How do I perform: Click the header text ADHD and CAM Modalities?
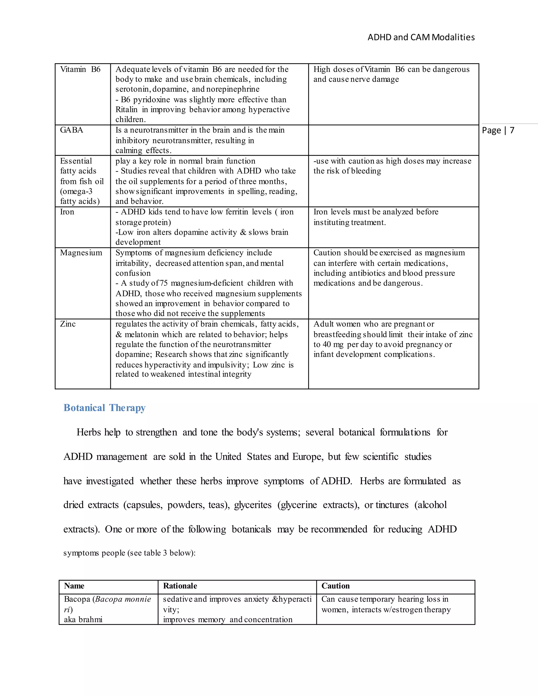(x=421, y=37)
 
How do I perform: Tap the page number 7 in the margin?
(x=512, y=130)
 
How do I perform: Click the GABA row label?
(x=71, y=130)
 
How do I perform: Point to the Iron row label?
(x=67, y=212)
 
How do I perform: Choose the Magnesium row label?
(x=81, y=253)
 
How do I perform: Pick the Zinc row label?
(x=68, y=324)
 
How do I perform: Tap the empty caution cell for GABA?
(x=393, y=140)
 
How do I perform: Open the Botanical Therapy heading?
(x=105, y=408)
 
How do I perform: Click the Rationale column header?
(x=180, y=586)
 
